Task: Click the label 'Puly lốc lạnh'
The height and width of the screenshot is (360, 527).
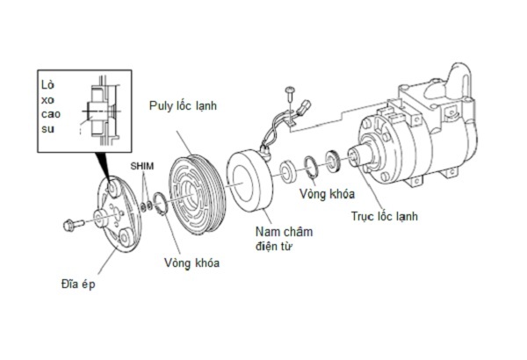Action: pyautogui.click(x=184, y=106)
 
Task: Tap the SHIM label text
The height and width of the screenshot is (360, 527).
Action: pyautogui.click(x=141, y=166)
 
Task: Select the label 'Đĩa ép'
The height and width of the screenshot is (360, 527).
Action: pyautogui.click(x=78, y=284)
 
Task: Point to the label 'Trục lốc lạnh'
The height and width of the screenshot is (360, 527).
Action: pyautogui.click(x=385, y=216)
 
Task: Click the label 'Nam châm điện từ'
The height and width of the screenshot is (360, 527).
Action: pyautogui.click(x=284, y=239)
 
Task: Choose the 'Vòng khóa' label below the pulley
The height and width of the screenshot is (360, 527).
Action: pyautogui.click(x=191, y=263)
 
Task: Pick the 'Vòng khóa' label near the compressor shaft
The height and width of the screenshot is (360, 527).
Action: pyautogui.click(x=327, y=194)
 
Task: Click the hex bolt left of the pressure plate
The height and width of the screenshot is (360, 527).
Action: pyautogui.click(x=73, y=224)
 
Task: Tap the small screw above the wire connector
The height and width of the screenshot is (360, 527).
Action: pyautogui.click(x=289, y=93)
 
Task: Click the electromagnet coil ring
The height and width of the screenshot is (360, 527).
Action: pyautogui.click(x=250, y=181)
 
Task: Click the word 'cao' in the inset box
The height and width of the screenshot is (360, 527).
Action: pyautogui.click(x=51, y=114)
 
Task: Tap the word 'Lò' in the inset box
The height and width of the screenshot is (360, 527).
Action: pyautogui.click(x=47, y=84)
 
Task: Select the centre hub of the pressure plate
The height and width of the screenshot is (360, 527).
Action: pyautogui.click(x=100, y=218)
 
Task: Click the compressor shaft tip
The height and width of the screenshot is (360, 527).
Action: pyautogui.click(x=353, y=155)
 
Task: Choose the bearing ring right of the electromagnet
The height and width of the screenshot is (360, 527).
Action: pyautogui.click(x=288, y=172)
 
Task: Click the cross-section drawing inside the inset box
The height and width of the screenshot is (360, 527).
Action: pyautogui.click(x=100, y=112)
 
